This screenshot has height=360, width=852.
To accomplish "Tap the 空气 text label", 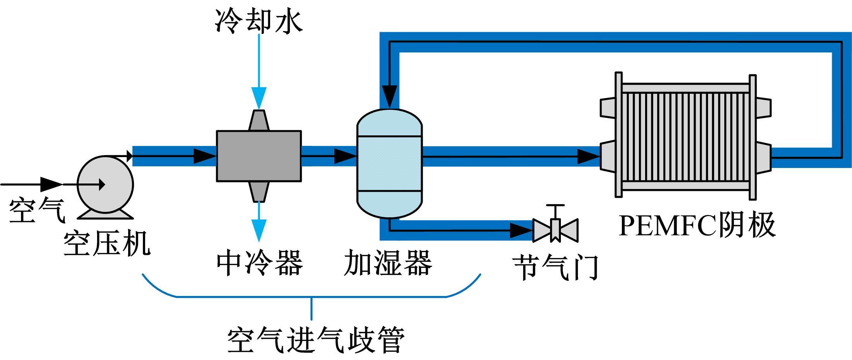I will (x=37, y=211).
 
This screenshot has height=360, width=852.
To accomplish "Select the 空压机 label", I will (x=107, y=244).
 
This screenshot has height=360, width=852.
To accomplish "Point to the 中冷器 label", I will (x=259, y=263).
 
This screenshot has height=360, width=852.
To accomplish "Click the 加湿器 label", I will (x=388, y=263).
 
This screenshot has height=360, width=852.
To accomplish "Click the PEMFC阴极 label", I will (x=697, y=225).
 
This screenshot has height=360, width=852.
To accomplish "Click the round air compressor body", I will (x=106, y=184).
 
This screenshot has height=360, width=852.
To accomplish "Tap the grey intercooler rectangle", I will (x=259, y=156).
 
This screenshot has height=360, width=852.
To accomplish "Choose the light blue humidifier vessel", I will (x=389, y=163).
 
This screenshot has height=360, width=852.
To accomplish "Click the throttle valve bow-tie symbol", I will (x=555, y=230).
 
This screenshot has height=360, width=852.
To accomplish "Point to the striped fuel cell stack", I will (x=685, y=136).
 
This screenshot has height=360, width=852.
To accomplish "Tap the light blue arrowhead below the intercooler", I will (x=259, y=230).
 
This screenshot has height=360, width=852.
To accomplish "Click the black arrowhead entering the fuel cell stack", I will (x=588, y=157).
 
